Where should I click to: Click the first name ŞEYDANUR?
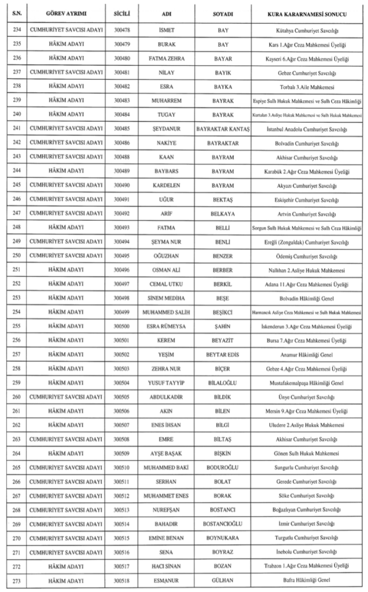[x=166, y=128]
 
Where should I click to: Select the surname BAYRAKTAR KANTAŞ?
[x=223, y=128]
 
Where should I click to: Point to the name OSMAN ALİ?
[x=166, y=270]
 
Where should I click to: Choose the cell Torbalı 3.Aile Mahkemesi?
[x=307, y=86]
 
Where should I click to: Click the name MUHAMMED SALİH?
[x=166, y=313]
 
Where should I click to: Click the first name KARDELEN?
[x=166, y=185]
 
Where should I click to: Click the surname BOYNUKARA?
[x=223, y=538]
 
